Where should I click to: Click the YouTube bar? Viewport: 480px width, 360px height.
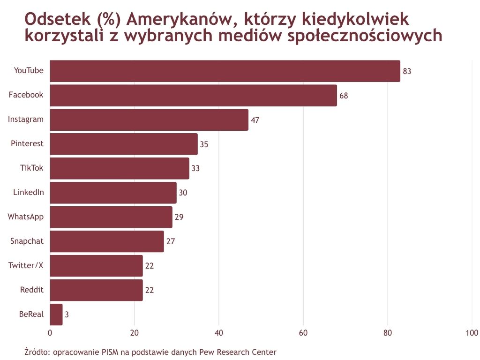point(225,71)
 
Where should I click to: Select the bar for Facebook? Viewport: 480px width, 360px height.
point(193,96)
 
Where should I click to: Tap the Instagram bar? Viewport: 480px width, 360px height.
point(149,120)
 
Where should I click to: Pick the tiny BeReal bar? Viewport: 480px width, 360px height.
point(56,315)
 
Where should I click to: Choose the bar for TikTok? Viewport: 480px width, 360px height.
point(120,169)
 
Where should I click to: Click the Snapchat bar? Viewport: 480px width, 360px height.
point(107,241)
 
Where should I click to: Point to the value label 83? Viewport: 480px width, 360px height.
point(407,71)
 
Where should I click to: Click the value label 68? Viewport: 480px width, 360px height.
point(344,96)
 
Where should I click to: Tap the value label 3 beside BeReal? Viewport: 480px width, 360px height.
point(67,315)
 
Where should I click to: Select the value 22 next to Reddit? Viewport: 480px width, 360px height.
point(150,290)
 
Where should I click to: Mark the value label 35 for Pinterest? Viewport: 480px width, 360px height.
point(204,144)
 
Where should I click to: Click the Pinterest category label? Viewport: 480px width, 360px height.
point(27,143)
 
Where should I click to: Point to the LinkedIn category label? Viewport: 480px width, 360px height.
point(29,192)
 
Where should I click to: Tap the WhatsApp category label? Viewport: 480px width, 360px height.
point(26,217)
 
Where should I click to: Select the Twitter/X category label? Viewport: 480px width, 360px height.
point(26,265)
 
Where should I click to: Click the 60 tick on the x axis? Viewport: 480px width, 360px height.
point(303,333)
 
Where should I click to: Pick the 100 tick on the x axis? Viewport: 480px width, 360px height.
point(472,333)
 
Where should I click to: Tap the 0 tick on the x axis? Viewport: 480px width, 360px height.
point(50,333)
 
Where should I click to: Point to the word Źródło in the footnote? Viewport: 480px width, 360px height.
point(36,352)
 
